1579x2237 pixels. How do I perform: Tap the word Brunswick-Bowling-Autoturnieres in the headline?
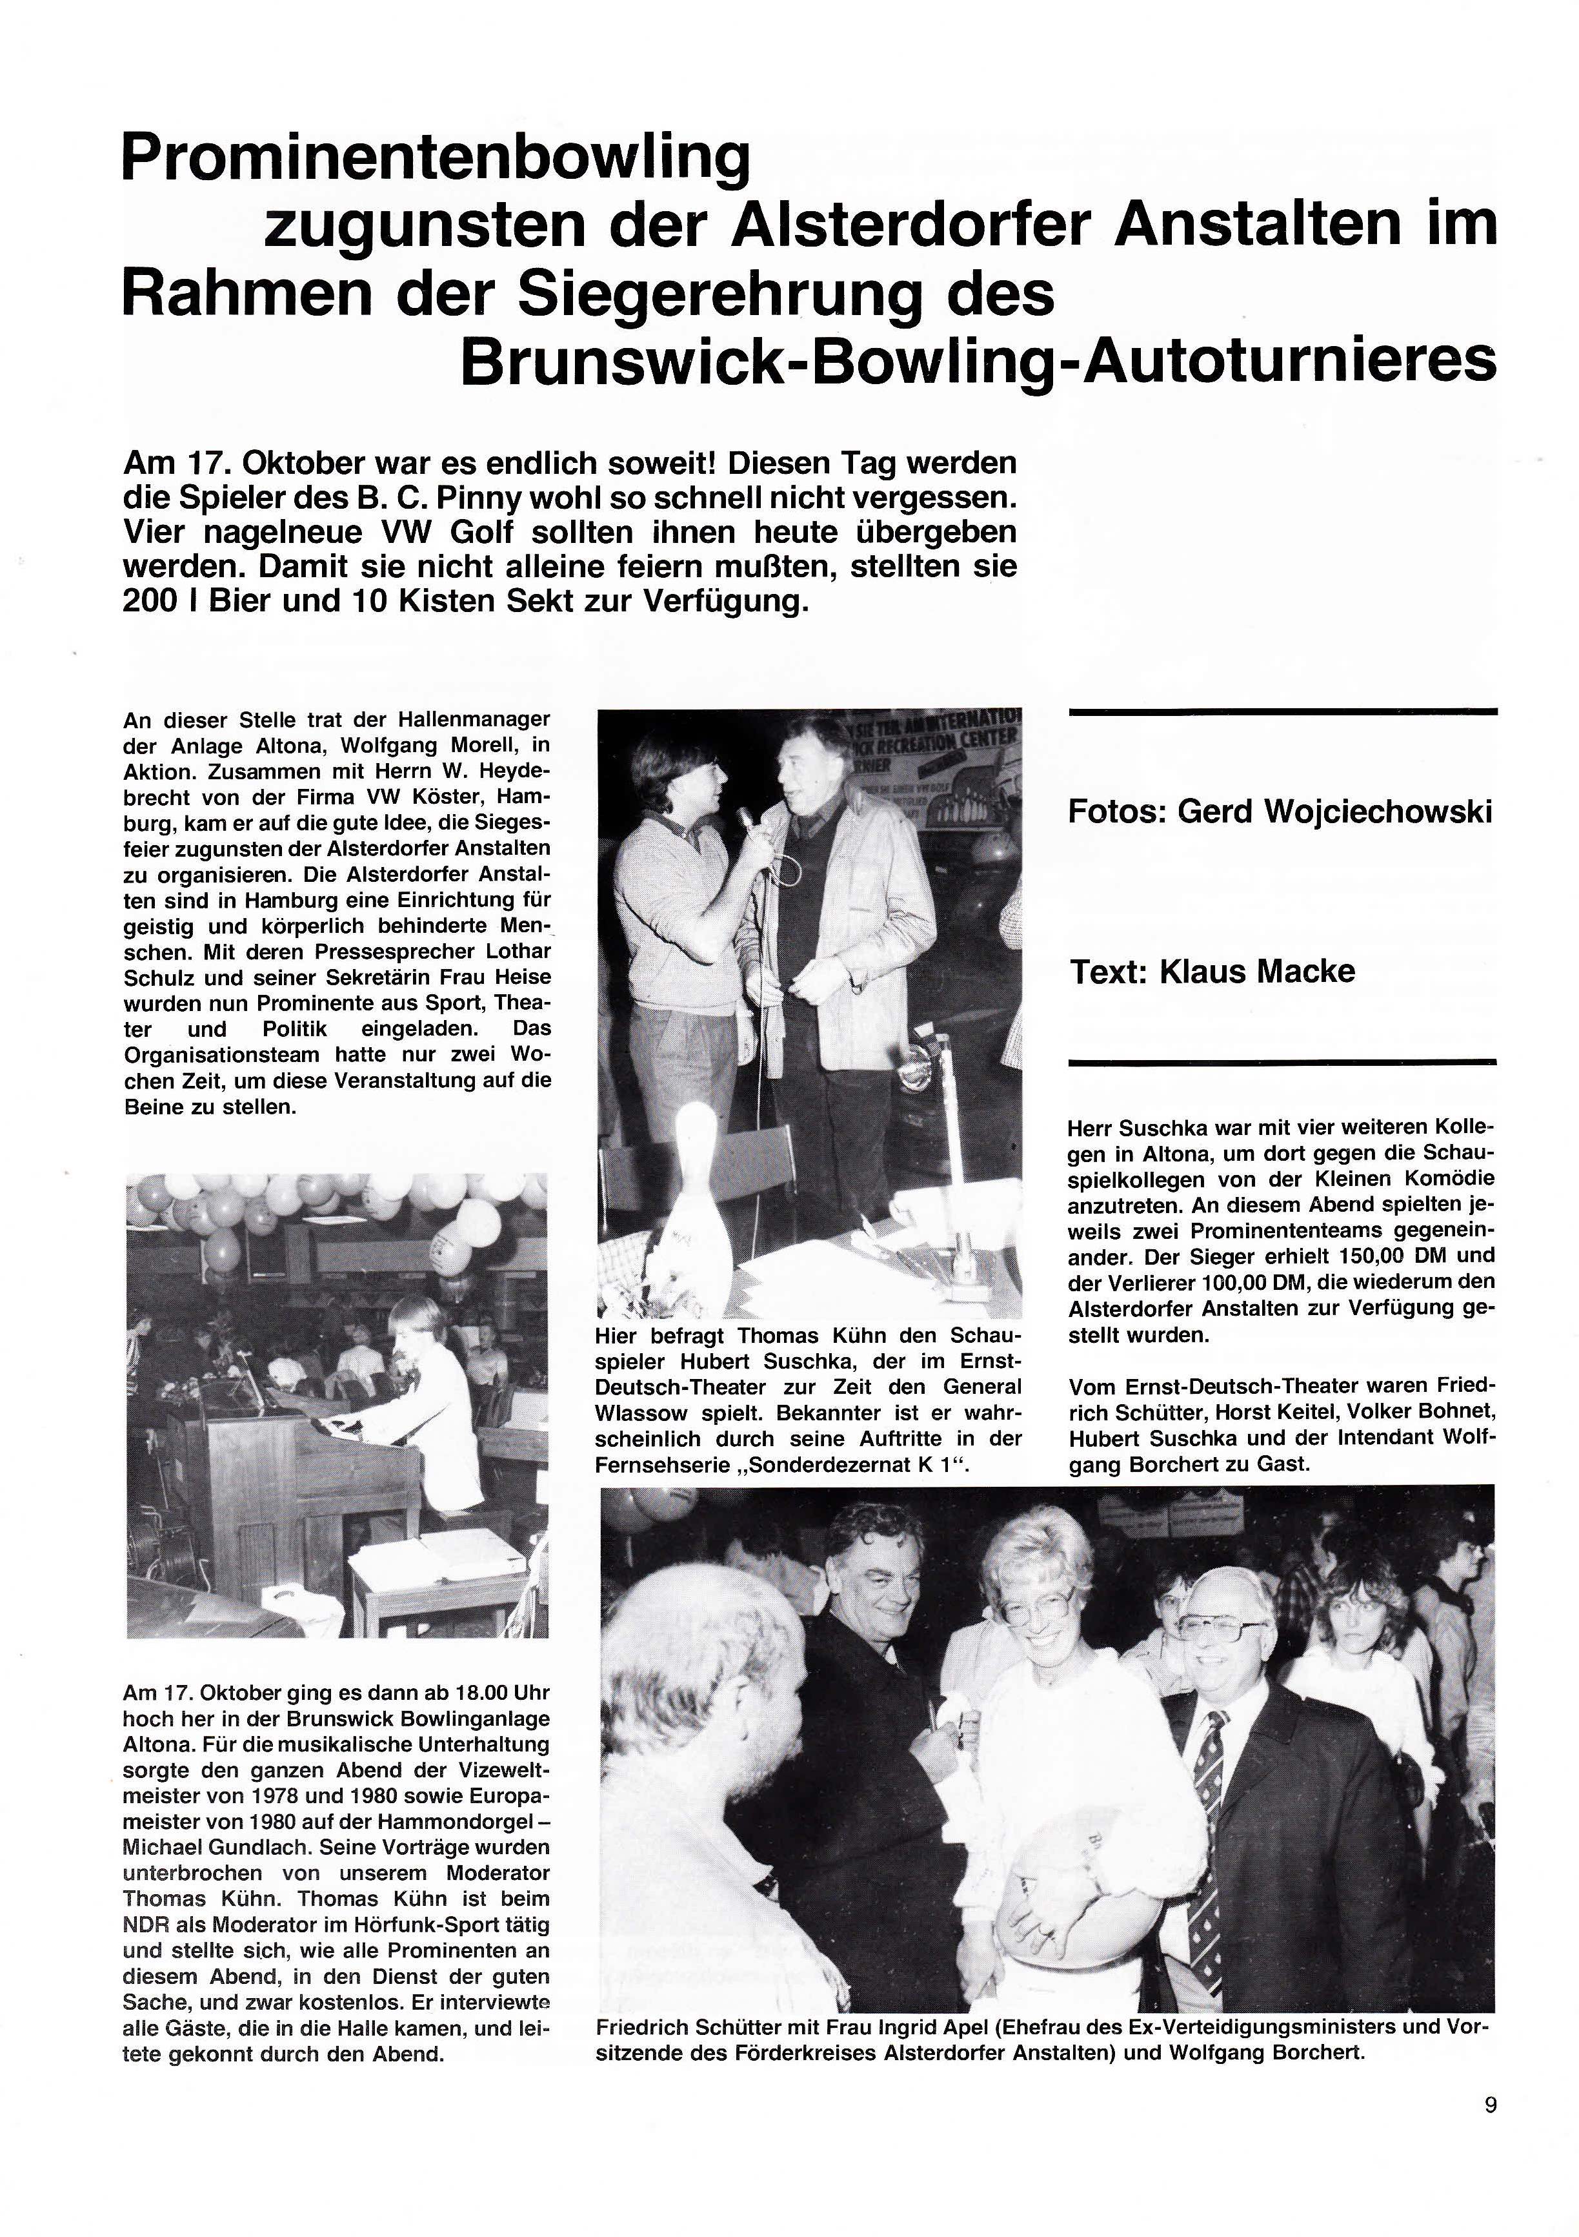point(977,362)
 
